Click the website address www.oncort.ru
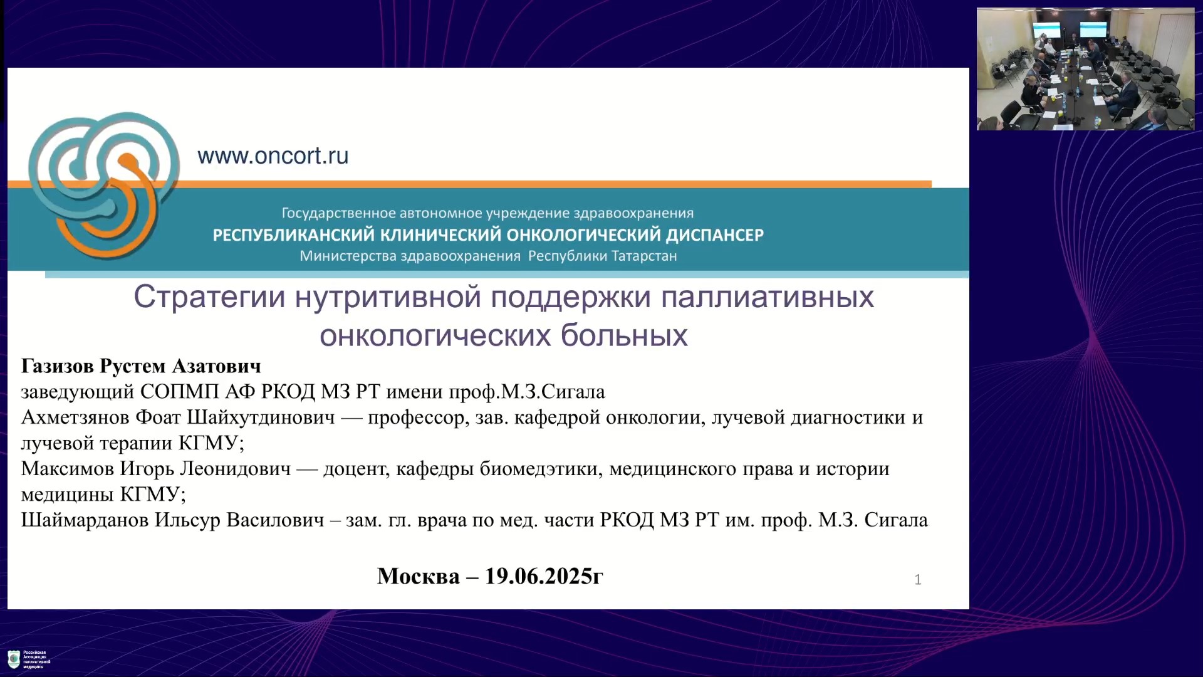coord(273,155)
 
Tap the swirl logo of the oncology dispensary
coord(104,186)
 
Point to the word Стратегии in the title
coord(209,297)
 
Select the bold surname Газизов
coord(58,366)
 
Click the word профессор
coord(415,418)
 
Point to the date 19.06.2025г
coord(544,576)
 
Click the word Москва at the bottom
coord(419,576)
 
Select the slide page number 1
coord(918,580)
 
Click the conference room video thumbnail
coord(1085,69)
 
